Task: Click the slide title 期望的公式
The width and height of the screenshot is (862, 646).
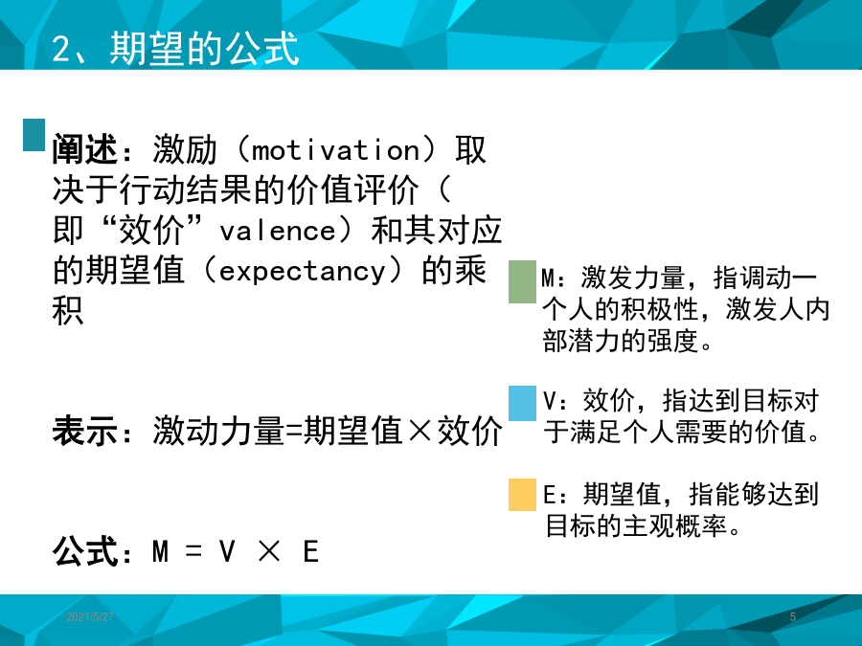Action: point(204,49)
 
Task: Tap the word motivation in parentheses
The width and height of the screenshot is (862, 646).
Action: point(336,150)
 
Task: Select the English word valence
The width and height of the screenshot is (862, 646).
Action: point(278,231)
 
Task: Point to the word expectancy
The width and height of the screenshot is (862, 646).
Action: point(303,272)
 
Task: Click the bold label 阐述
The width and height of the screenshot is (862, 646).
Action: point(84,149)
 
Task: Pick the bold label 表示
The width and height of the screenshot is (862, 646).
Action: point(84,430)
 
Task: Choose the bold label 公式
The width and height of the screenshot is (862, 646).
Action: point(84,551)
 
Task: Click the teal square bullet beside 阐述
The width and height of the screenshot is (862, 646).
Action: point(34,135)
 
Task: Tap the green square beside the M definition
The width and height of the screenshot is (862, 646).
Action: point(522,281)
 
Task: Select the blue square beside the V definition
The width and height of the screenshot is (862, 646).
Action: point(522,403)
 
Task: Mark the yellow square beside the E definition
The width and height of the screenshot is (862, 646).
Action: point(522,495)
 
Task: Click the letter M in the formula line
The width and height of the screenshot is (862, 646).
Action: point(160,551)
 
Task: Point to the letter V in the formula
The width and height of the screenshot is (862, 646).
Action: point(227,551)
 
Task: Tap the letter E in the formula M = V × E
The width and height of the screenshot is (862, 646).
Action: point(311,551)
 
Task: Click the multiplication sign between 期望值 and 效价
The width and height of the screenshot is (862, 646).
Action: point(420,430)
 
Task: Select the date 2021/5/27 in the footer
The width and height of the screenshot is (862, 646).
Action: point(90,617)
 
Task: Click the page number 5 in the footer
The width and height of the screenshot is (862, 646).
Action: point(793,617)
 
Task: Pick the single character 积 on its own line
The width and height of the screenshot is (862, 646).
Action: point(68,311)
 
